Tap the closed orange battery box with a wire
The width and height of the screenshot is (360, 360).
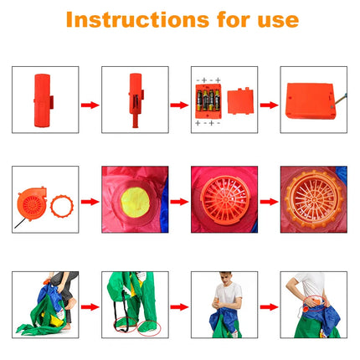(311, 99)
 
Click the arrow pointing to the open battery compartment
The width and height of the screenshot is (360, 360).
(179, 105)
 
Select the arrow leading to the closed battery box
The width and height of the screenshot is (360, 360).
(268, 105)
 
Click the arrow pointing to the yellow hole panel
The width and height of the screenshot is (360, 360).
(90, 201)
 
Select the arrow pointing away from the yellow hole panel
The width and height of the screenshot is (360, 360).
(179, 201)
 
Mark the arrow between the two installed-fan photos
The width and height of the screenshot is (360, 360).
(268, 201)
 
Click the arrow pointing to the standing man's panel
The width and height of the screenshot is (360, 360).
(179, 306)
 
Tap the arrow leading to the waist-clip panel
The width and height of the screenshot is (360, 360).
(268, 306)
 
